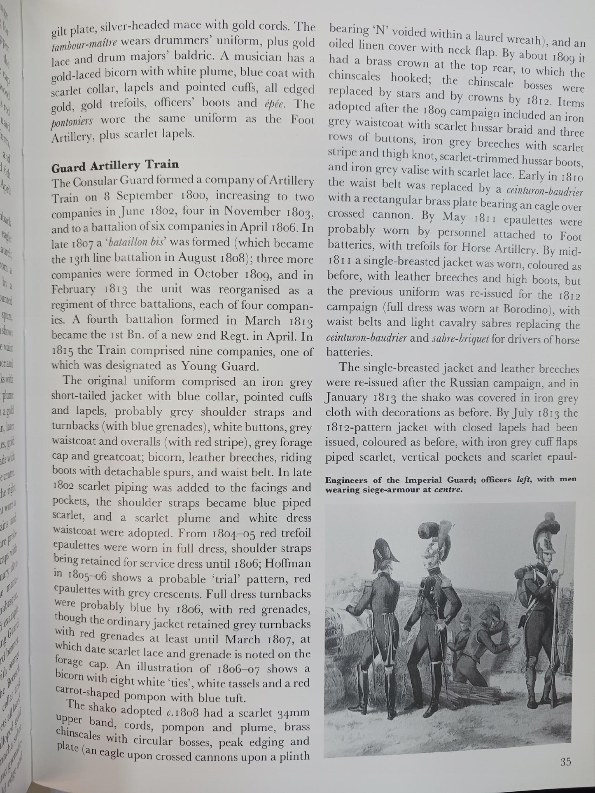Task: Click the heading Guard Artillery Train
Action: [x=115, y=165]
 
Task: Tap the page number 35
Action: [x=566, y=762]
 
